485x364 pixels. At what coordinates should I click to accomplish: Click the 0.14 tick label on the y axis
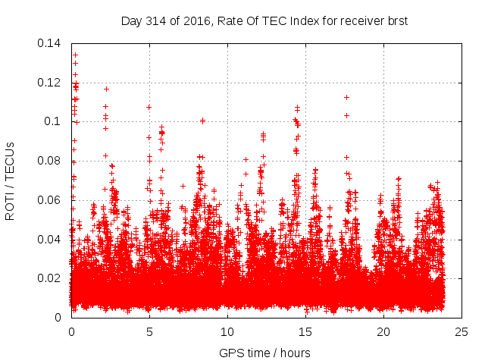point(50,42)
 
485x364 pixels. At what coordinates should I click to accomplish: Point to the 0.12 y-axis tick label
point(50,82)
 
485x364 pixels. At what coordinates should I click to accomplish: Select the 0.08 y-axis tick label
point(50,161)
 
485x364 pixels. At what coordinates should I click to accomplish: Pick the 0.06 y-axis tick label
point(50,200)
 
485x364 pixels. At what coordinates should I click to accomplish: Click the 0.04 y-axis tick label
point(50,240)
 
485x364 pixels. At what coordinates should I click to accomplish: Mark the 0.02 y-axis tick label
point(50,278)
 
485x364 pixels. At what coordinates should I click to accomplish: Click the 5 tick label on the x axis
point(149,332)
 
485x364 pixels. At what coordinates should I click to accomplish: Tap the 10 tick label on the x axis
point(227,332)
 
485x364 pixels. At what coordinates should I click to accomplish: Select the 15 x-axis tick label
point(305,332)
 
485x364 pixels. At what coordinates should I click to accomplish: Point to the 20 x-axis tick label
point(383,332)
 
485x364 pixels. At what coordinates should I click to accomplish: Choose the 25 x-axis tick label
point(462,332)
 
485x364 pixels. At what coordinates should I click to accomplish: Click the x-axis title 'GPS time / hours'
point(264,353)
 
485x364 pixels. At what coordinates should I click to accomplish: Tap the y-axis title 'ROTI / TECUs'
point(10,180)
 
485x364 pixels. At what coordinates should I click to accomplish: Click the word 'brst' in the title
point(397,20)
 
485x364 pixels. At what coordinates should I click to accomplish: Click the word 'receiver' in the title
point(358,20)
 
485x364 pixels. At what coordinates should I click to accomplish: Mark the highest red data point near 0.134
point(75,55)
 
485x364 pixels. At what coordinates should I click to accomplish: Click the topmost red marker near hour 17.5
point(346,97)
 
